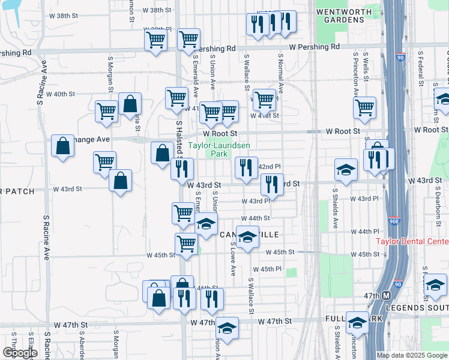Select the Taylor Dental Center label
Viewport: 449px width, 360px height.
tap(412, 242)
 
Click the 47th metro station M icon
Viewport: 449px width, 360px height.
tap(387, 296)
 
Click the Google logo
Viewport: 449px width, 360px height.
tap(20, 353)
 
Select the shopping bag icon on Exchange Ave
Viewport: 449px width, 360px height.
tap(63, 146)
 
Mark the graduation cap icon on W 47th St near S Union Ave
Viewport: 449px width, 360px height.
tap(227, 327)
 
